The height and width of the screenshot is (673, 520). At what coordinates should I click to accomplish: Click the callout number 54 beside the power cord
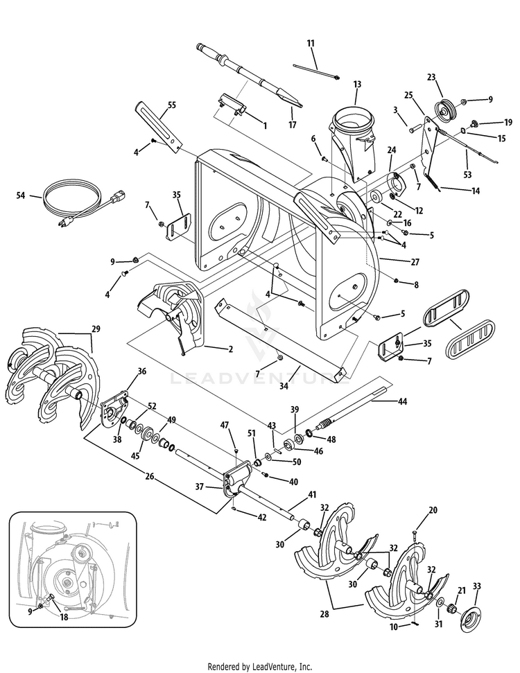pyautogui.click(x=21, y=195)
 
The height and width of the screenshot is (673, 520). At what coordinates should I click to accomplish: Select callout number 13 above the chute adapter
pyautogui.click(x=357, y=85)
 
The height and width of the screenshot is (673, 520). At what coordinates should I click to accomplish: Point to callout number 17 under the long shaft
pyautogui.click(x=293, y=125)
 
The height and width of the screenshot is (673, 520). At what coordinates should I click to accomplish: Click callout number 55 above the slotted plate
pyautogui.click(x=172, y=105)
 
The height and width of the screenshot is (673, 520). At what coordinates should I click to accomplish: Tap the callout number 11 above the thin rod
pyautogui.click(x=311, y=44)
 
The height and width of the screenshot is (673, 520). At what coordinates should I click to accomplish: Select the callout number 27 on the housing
pyautogui.click(x=415, y=262)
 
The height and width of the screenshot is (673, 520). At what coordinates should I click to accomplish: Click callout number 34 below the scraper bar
pyautogui.click(x=284, y=386)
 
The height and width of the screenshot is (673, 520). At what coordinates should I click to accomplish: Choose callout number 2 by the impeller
pyautogui.click(x=231, y=349)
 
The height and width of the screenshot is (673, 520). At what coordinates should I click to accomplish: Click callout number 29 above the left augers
pyautogui.click(x=96, y=329)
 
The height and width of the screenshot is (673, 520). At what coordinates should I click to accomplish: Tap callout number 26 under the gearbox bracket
pyautogui.click(x=150, y=476)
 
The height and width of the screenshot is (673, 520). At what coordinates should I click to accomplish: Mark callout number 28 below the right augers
pyautogui.click(x=324, y=614)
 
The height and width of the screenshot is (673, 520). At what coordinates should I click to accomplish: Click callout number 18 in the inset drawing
pyautogui.click(x=64, y=617)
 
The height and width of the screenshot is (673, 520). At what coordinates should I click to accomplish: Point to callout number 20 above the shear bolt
pyautogui.click(x=433, y=510)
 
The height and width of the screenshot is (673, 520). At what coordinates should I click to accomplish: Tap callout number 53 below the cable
pyautogui.click(x=467, y=175)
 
